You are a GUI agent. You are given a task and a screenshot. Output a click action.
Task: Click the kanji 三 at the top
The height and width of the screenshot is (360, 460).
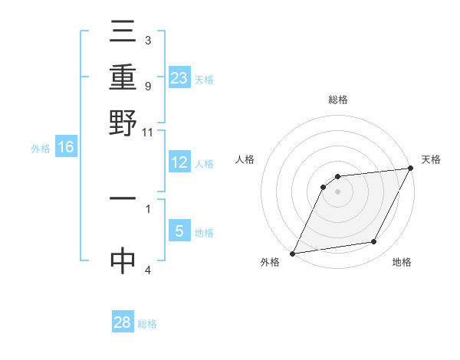123,32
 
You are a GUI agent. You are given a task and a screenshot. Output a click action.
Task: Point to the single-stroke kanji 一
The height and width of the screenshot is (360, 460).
123,198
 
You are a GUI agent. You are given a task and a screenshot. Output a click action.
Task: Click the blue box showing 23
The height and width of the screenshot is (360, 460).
179,77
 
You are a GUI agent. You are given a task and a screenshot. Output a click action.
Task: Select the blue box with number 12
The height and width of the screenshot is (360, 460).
179,162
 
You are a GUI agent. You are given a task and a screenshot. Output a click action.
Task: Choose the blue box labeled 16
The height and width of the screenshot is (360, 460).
66,147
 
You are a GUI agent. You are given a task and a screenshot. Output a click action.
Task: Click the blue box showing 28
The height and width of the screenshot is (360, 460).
123,322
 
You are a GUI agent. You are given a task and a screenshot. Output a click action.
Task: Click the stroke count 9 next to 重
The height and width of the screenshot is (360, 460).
148,86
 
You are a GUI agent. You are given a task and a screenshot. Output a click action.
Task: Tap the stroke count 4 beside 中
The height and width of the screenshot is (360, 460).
148,270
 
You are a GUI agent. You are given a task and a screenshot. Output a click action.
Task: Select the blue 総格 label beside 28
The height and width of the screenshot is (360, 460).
147,324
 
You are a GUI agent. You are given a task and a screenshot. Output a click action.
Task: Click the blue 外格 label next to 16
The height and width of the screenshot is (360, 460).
40,149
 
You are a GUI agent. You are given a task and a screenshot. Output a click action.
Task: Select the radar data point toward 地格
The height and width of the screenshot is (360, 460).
374,242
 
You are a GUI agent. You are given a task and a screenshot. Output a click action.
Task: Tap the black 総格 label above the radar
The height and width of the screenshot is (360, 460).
338,100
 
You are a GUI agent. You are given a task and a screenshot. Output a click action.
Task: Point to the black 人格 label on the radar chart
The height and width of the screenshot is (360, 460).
245,159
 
